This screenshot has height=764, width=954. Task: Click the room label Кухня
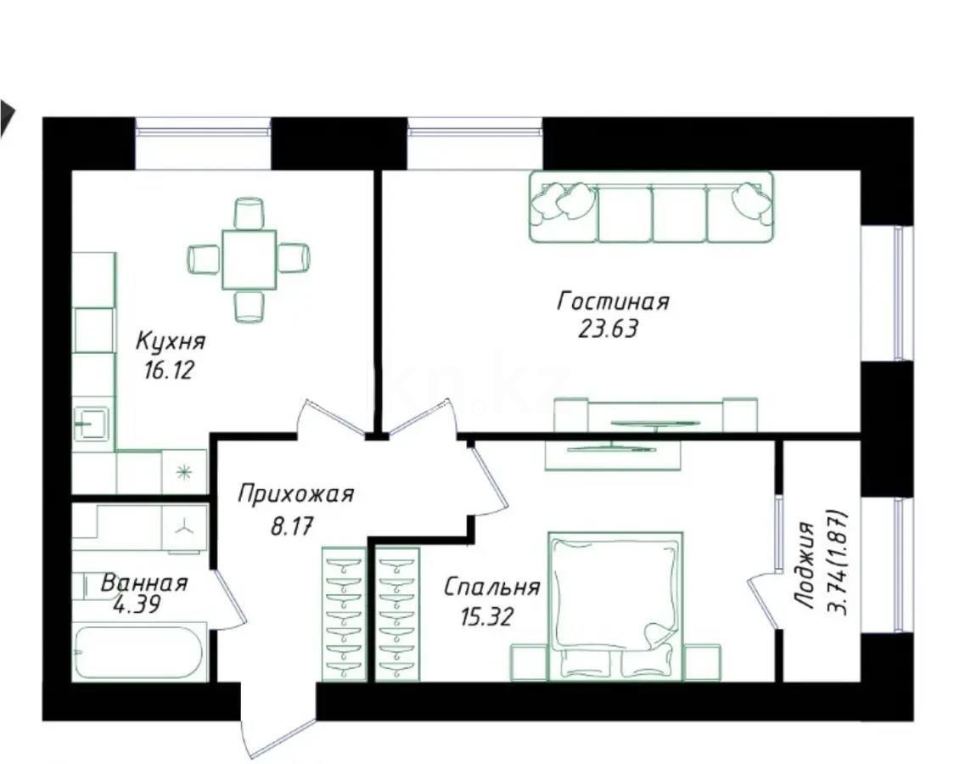point(171,341)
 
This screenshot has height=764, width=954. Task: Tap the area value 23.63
point(608,329)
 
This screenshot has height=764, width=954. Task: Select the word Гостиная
point(613,301)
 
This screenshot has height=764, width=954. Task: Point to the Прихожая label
point(295,494)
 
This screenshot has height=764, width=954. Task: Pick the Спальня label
point(491,587)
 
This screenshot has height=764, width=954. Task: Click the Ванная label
point(143,583)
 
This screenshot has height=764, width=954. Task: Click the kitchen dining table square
point(249,259)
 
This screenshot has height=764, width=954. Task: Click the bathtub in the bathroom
point(139,653)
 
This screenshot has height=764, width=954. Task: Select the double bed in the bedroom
point(615,604)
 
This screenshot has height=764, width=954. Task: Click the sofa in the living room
point(652,207)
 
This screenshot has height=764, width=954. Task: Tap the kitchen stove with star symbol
point(183,472)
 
